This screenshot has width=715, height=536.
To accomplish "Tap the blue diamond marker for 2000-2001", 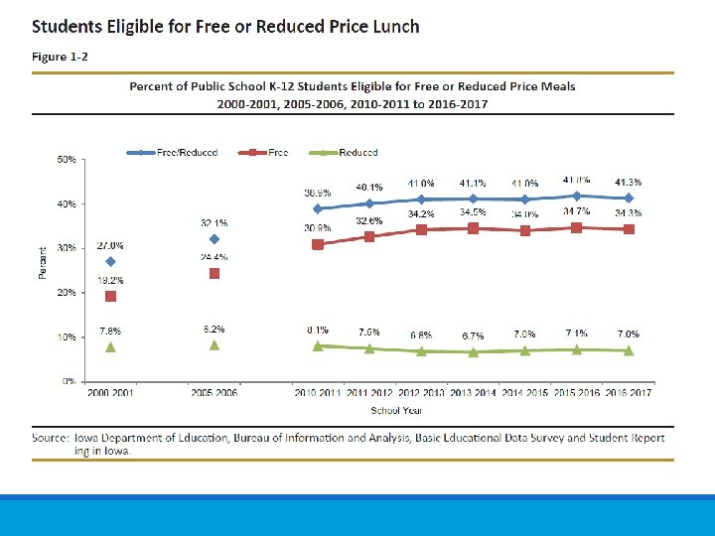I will [110, 262].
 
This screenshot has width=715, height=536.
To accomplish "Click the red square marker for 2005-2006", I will [214, 273].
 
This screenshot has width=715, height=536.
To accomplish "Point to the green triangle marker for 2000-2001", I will [110, 346].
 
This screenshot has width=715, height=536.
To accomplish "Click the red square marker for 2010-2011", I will [318, 244].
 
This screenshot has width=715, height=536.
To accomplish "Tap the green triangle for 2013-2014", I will [473, 351].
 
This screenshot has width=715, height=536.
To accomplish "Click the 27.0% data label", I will [110, 245].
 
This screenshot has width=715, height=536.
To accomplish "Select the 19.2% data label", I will [110, 280].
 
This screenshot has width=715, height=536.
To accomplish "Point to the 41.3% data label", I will [629, 182].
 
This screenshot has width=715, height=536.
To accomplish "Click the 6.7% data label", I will [472, 335].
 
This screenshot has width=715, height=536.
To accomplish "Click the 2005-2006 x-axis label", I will [214, 394].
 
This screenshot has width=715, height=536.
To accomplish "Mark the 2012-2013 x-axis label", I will [421, 394].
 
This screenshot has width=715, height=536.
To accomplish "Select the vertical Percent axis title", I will [42, 262].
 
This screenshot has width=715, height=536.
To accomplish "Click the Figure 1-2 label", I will [60, 57].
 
